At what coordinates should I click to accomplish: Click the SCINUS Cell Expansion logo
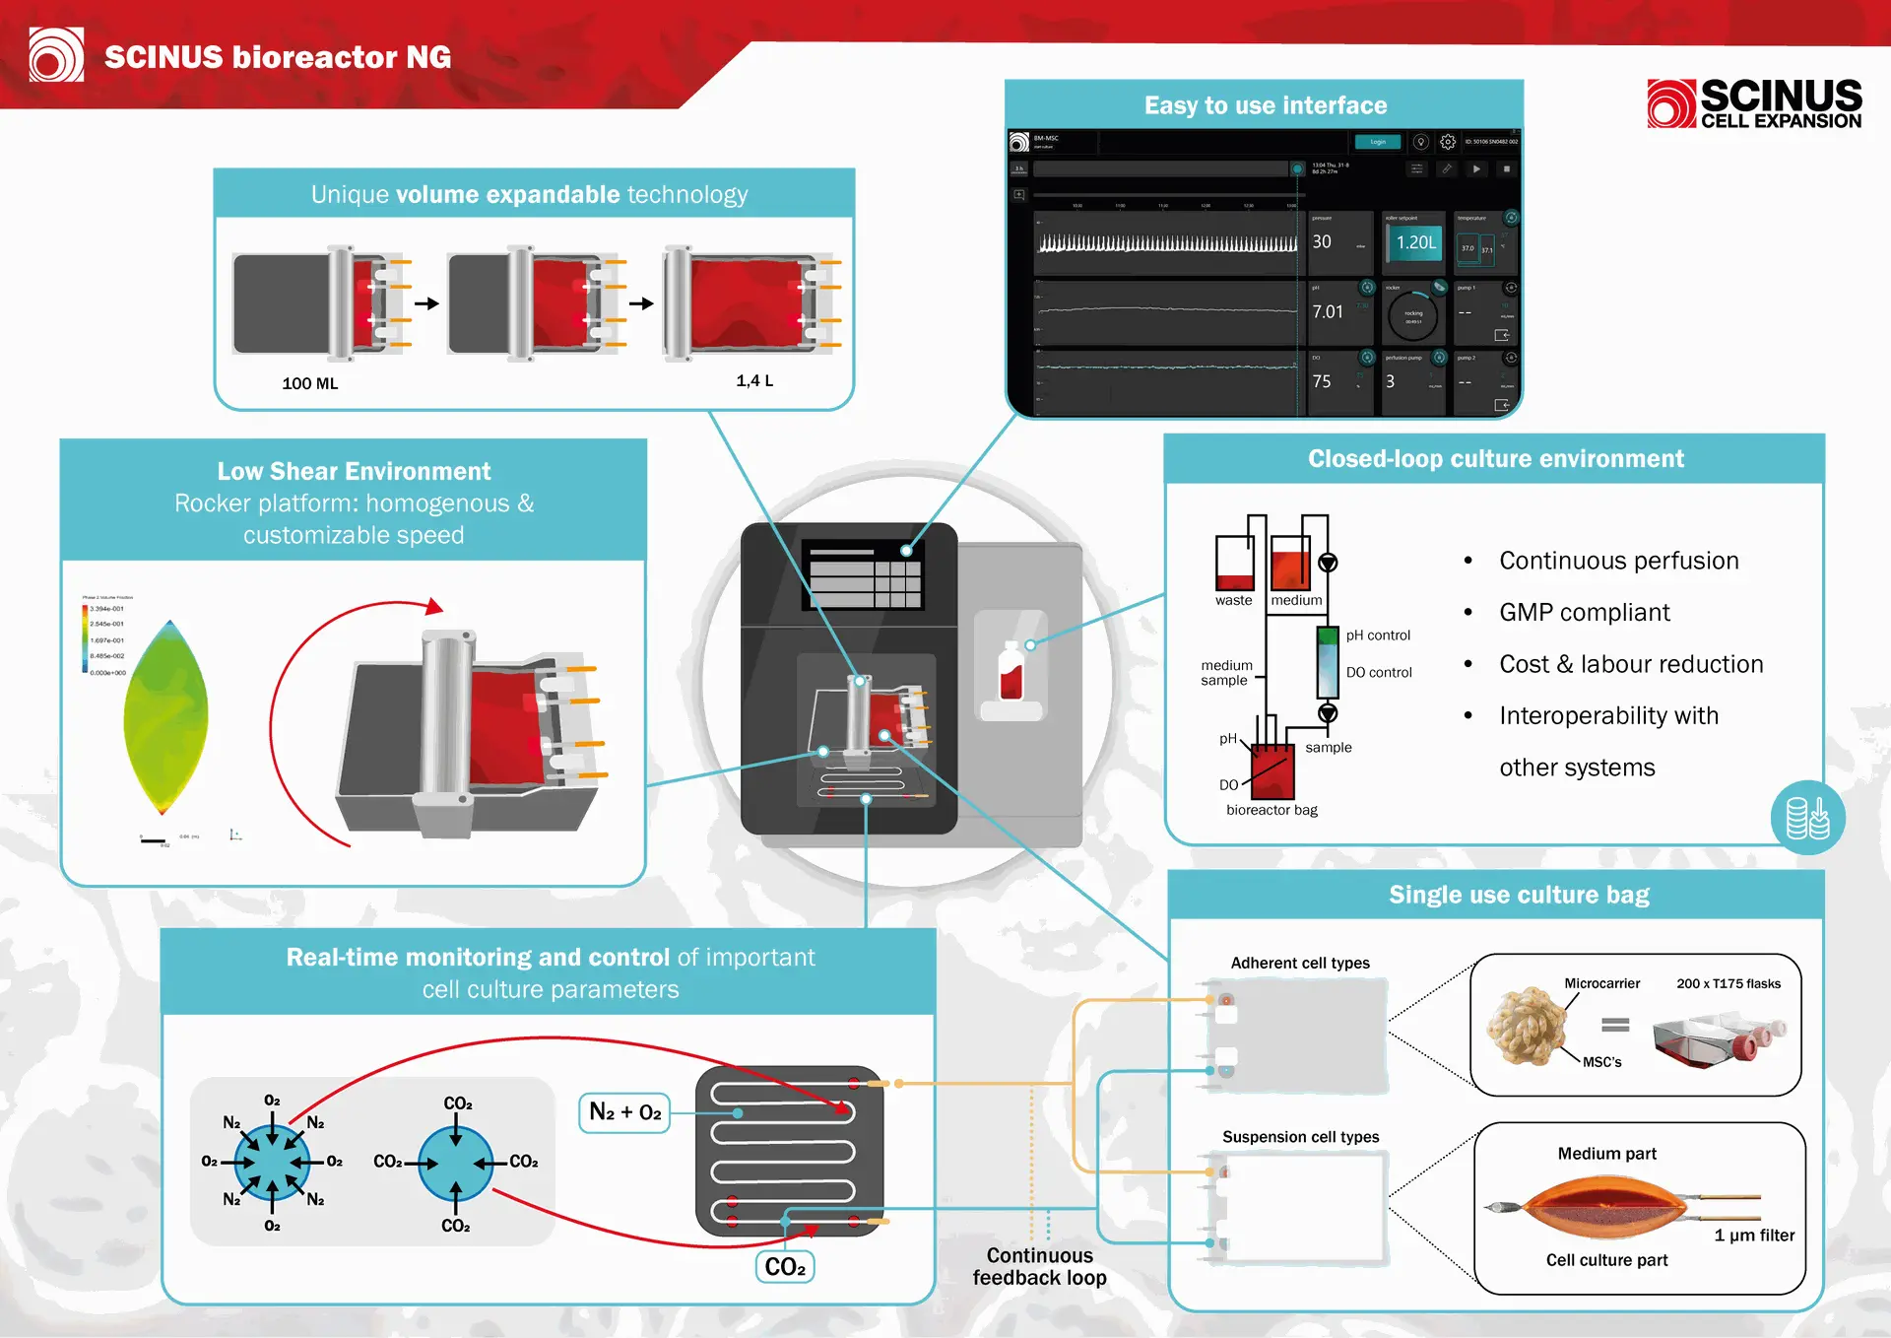coord(1754,104)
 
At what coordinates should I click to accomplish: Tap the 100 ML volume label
coord(309,383)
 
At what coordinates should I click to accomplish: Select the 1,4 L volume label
coord(754,380)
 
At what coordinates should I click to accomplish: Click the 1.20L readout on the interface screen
coord(1415,242)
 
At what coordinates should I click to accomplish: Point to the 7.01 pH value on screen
coord(1327,312)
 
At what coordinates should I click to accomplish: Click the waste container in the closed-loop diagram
coord(1234,563)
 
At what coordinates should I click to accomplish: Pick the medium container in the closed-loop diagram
coord(1290,563)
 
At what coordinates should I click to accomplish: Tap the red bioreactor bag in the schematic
coord(1272,771)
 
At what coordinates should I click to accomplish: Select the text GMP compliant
coord(1584,613)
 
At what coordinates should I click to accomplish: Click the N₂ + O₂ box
coord(624,1112)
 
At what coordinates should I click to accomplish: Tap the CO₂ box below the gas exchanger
coord(785,1267)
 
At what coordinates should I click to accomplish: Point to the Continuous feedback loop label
coord(1039,1267)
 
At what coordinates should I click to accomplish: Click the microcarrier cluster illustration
coord(1527,1027)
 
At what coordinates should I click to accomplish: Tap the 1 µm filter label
coord(1754,1236)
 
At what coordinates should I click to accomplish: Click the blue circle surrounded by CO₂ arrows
coord(455,1164)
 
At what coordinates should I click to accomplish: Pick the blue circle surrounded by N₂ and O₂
coord(272,1164)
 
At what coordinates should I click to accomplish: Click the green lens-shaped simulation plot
coord(166,717)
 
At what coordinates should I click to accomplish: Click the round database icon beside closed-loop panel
coord(1807,818)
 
